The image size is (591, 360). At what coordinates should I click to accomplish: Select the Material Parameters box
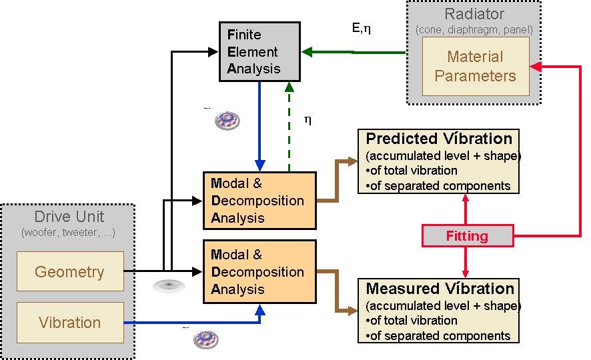475,66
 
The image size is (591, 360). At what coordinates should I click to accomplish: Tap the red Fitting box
467,236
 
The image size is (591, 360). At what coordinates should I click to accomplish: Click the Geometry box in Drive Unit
69,271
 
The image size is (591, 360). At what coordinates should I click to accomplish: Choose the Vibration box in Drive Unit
69,323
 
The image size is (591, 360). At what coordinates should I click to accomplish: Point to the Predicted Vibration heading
439,139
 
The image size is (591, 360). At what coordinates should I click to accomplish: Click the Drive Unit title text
69,217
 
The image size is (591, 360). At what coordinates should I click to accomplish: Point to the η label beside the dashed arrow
308,120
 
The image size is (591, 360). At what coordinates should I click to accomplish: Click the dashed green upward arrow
288,127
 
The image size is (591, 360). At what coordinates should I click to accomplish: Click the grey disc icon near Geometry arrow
167,287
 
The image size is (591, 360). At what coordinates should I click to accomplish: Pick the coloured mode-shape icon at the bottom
206,340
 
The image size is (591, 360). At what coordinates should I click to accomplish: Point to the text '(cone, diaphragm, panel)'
475,29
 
